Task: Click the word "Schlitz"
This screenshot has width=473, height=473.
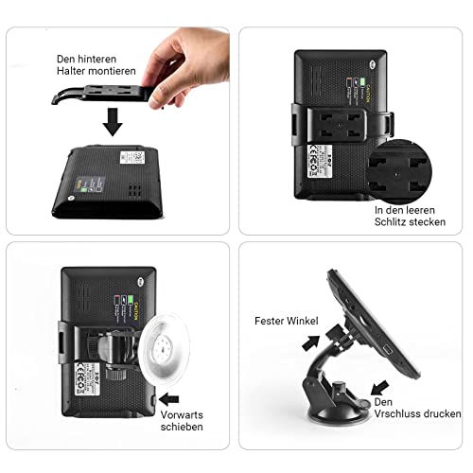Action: (x=393, y=220)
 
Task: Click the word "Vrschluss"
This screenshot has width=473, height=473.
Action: (x=397, y=414)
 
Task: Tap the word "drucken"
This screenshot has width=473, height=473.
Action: (x=443, y=414)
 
